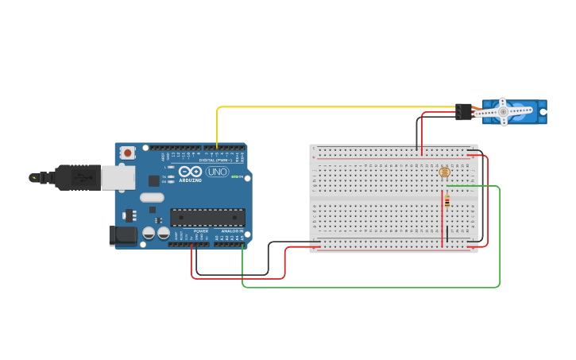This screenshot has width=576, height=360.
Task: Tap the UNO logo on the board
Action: point(217,172)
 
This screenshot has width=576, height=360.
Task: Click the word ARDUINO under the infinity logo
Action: point(191,180)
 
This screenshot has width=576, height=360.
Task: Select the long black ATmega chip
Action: point(207,217)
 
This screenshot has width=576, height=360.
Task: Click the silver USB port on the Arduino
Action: point(118,178)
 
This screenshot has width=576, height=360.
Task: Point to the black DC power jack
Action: point(122,234)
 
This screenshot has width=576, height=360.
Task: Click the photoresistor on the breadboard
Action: point(443,172)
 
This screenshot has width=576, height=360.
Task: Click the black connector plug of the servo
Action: point(462,112)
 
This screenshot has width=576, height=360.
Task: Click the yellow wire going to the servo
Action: point(334,106)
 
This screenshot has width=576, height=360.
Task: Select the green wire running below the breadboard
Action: point(365,286)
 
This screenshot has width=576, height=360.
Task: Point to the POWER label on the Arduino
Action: point(201,230)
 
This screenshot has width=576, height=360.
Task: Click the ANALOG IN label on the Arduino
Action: point(232,230)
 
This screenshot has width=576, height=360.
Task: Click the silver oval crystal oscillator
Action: point(152,197)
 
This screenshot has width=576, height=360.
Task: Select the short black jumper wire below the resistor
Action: point(446,233)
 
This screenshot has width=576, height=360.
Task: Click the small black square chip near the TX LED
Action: point(153,180)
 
